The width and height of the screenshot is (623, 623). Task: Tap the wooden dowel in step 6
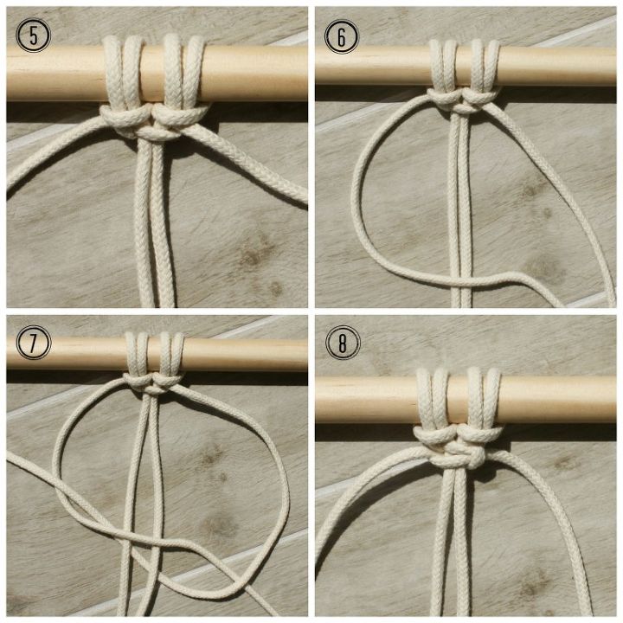click(554, 65)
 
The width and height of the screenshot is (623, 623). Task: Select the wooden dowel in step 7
click(251, 353)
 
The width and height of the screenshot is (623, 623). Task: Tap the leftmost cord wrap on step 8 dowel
click(423, 398)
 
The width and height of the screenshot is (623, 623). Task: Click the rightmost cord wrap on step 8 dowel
click(493, 398)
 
